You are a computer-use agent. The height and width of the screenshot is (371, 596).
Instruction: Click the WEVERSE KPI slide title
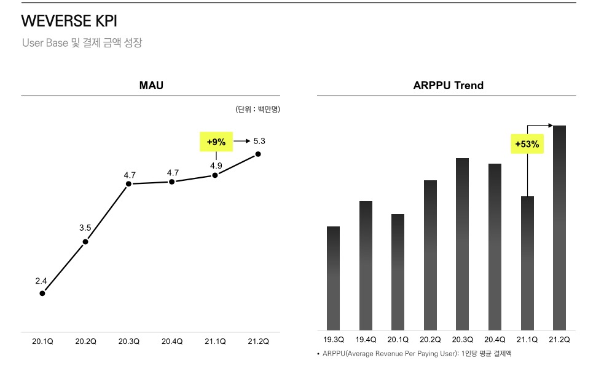[69, 21]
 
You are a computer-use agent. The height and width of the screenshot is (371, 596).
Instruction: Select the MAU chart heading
[151, 86]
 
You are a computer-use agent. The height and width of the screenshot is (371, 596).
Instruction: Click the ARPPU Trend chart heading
[448, 86]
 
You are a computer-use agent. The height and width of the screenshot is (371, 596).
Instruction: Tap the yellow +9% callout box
[216, 142]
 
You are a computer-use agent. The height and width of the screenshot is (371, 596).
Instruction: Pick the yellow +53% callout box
[527, 145]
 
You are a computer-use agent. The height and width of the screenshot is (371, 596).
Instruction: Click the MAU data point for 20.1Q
[42, 293]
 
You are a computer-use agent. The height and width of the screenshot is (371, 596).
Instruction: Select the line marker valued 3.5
[85, 241]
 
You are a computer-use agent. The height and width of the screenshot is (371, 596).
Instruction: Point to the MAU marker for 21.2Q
[258, 154]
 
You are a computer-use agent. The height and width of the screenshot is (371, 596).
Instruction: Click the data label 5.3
[259, 142]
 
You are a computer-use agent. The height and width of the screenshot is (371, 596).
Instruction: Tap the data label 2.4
[41, 281]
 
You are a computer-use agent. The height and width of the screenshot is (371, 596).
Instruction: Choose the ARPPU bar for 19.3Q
[333, 278]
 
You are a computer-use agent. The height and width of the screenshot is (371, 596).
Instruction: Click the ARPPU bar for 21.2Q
[559, 228]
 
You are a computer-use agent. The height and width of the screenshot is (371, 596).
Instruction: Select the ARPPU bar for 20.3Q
[462, 244]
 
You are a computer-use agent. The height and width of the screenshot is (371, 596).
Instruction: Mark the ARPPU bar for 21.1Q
[527, 263]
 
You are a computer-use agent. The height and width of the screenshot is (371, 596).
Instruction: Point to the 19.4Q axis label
[366, 340]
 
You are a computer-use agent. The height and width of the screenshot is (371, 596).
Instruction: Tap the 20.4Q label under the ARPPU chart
[495, 340]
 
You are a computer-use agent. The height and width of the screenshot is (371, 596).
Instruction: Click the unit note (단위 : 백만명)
[257, 110]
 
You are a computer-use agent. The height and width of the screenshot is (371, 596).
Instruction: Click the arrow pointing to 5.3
[241, 142]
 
